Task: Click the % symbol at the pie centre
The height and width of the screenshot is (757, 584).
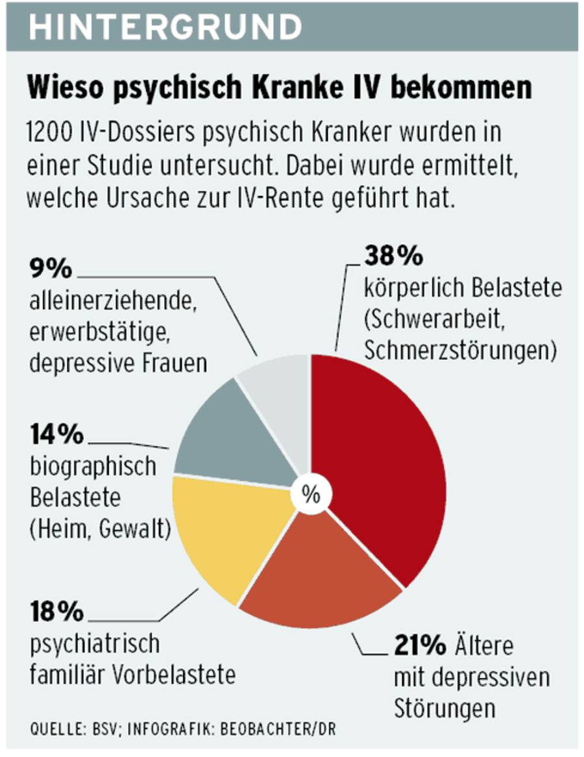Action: pyautogui.click(x=311, y=495)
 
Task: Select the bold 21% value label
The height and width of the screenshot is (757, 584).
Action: pyautogui.click(x=420, y=647)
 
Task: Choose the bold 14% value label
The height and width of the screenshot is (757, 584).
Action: pyautogui.click(x=57, y=435)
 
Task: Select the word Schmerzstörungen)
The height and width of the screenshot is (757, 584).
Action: pyautogui.click(x=461, y=350)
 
